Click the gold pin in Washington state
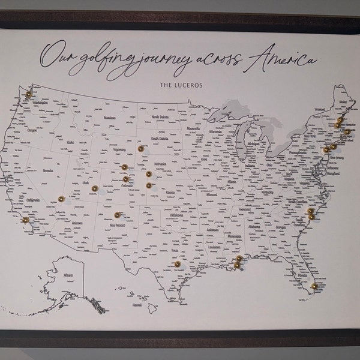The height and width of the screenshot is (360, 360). [x=27, y=94]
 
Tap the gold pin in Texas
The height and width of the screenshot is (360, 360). [x=177, y=263]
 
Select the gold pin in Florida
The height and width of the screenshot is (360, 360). [x=313, y=284]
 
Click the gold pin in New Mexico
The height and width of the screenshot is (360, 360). [x=118, y=214]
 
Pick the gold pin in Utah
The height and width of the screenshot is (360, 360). [x=94, y=188]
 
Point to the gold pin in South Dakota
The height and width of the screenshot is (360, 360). [x=140, y=148]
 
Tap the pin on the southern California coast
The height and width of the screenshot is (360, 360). [x=25, y=220]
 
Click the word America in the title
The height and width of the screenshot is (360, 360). [x=284, y=59]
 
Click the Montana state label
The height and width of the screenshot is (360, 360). [x=109, y=118]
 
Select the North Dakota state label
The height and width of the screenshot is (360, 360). [x=160, y=118]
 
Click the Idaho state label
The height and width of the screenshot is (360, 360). [x=70, y=142]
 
